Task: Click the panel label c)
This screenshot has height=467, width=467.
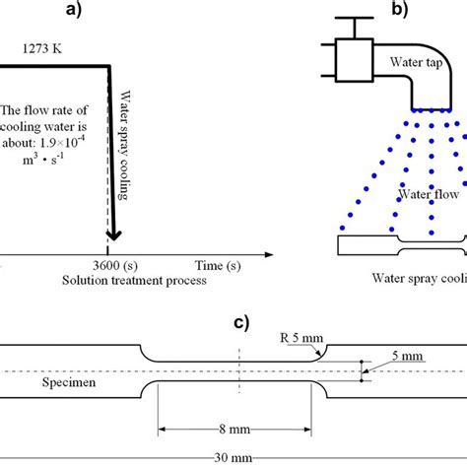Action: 237,321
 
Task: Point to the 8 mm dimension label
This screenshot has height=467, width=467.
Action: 239,431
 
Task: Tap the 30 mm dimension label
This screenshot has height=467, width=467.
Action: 235,459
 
